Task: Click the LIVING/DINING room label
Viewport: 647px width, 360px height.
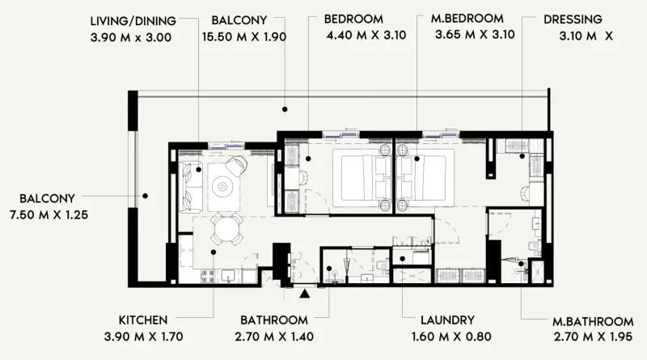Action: tap(133, 19)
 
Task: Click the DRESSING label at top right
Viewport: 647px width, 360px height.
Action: tap(573, 19)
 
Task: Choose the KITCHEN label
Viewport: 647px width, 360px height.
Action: tap(143, 320)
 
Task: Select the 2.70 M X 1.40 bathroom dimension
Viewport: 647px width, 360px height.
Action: tap(273, 337)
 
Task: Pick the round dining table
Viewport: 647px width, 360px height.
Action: tap(226, 230)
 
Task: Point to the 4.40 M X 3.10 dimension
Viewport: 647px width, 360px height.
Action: tap(364, 36)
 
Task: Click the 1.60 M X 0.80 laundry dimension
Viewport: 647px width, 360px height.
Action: tap(447, 337)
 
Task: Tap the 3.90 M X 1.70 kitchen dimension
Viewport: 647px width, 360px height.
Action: tap(144, 337)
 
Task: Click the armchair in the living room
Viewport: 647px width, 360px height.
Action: tap(236, 166)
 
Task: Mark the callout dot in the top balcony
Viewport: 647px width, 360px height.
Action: tap(285, 108)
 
